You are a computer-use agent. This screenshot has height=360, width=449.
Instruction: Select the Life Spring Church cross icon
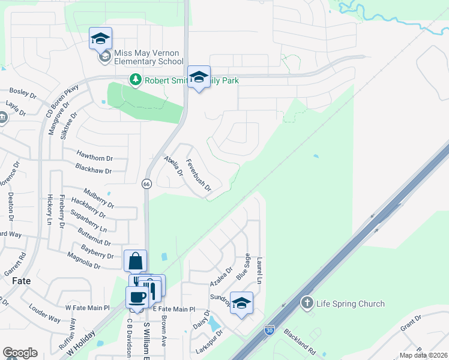coord(307,304)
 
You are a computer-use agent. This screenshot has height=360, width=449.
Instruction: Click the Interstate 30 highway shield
coord(269,330)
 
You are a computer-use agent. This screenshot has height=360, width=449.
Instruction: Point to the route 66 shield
coord(146,184)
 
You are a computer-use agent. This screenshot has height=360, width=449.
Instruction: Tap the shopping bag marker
coord(135,261)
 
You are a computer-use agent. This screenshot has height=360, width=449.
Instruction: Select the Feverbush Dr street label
coord(199,175)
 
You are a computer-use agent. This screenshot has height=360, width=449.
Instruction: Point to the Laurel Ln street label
coord(260,271)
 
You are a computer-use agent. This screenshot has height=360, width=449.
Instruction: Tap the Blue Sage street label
coord(243,266)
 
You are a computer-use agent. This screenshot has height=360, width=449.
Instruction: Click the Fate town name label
coord(22,280)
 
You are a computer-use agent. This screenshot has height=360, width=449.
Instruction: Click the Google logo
coord(20,353)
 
